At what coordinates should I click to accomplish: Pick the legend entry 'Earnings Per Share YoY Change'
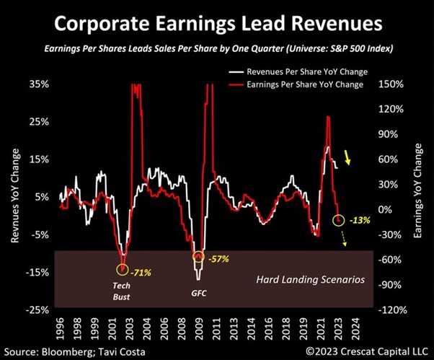tap(307, 84)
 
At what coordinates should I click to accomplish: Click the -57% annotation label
tap(218, 258)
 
